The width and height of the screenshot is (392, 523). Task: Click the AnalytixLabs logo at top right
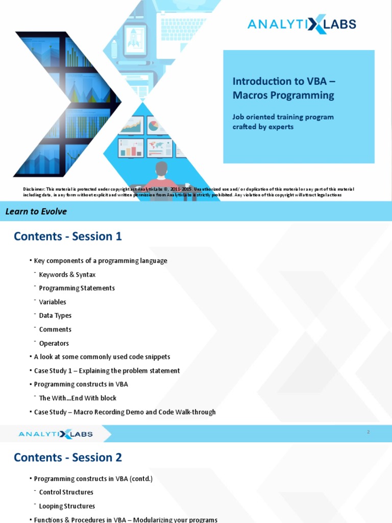[x=302, y=24]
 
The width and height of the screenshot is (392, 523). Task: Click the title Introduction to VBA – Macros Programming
[x=284, y=88]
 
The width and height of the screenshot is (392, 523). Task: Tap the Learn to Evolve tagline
[x=36, y=211]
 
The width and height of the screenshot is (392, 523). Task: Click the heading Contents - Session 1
[x=68, y=236]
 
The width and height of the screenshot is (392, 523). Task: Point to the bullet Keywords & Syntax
[x=67, y=274]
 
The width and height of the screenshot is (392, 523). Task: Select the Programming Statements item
[x=77, y=288]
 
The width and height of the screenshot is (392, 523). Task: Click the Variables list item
[x=53, y=302]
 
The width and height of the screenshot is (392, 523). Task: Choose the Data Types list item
[x=55, y=316]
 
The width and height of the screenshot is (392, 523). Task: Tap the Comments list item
[x=55, y=329]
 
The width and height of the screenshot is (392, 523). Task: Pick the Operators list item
[x=54, y=343]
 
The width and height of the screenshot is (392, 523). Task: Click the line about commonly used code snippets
[x=102, y=357]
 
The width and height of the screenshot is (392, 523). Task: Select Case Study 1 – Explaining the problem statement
[x=107, y=371]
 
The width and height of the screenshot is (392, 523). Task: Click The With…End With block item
[x=78, y=398]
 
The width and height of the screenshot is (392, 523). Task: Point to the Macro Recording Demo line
[x=125, y=412]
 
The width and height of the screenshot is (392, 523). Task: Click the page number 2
[x=368, y=432]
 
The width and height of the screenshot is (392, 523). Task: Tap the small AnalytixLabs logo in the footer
[x=56, y=434]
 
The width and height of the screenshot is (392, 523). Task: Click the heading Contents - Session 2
[x=68, y=457]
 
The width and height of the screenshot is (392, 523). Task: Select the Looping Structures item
[x=67, y=506]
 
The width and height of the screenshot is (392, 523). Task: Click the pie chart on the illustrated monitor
[x=153, y=125]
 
